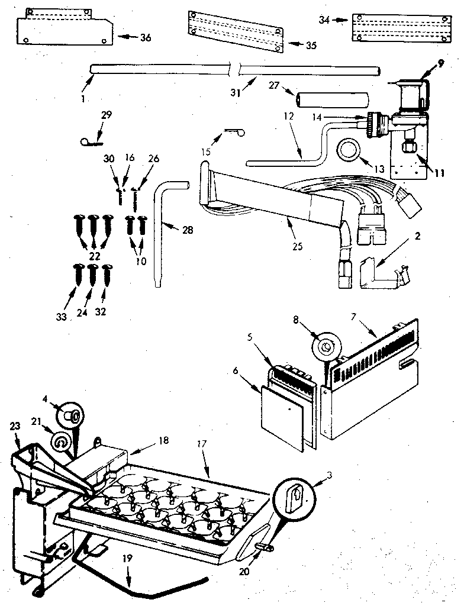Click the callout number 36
click(x=146, y=38)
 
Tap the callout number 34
click(x=324, y=20)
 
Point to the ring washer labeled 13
click(x=349, y=151)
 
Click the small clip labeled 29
click(x=92, y=140)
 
